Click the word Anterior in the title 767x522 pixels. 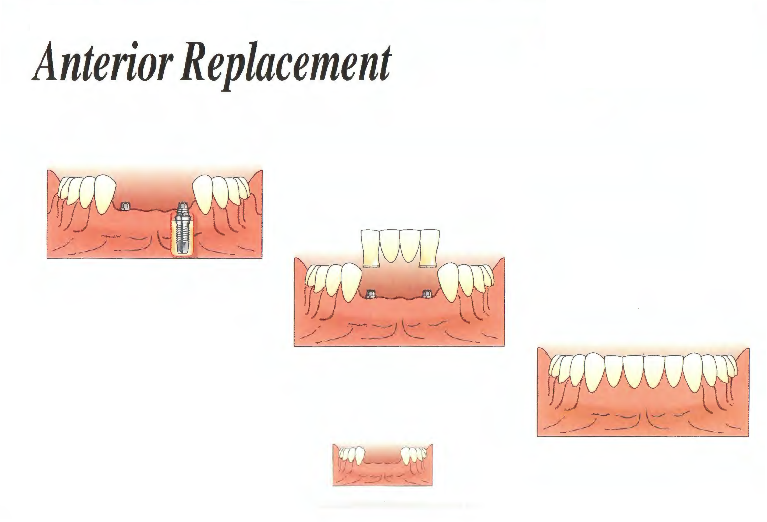coord(103,62)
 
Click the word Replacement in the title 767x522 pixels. coord(286,65)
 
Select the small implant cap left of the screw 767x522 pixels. coord(124,206)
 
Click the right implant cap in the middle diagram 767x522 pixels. coord(427,293)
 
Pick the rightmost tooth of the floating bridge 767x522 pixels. coord(429,248)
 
